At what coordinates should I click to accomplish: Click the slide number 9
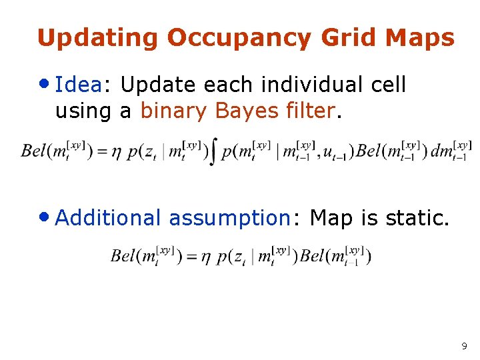point(464,346)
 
